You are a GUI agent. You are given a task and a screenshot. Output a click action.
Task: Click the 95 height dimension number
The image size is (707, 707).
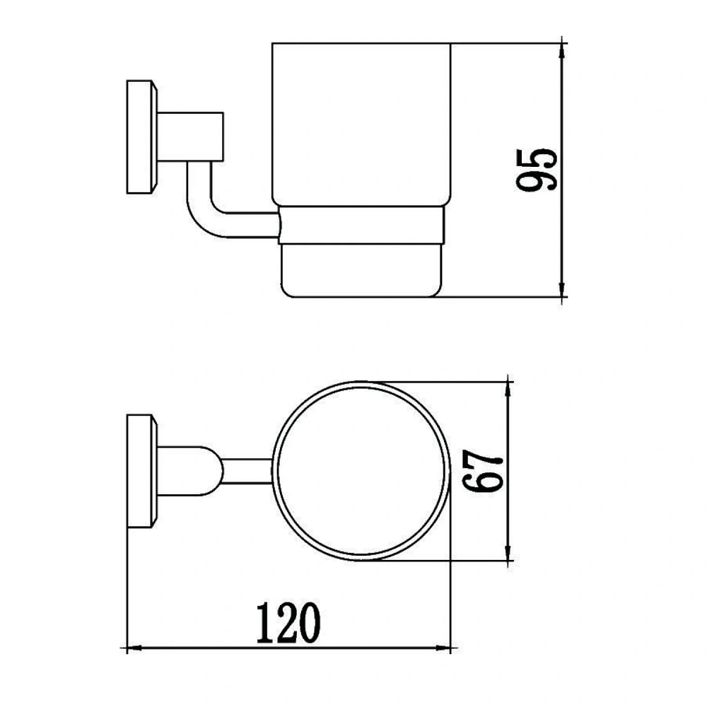point(537,170)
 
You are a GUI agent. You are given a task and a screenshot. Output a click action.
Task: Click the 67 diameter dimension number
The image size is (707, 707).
point(482,471)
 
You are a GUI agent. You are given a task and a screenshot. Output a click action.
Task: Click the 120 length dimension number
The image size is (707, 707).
point(288,623)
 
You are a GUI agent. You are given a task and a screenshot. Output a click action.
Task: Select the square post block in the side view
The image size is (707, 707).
point(190,136)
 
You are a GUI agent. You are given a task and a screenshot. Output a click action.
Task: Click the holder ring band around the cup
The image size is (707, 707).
point(361,226)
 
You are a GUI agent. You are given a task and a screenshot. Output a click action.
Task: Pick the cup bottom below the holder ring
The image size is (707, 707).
point(361,271)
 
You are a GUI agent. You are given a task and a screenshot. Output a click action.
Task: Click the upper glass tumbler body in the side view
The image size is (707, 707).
point(361,124)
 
